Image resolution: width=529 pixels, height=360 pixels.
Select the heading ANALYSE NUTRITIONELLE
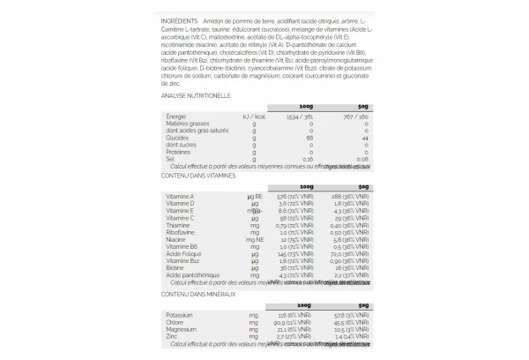(196, 94)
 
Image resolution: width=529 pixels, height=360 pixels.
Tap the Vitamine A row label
(180, 196)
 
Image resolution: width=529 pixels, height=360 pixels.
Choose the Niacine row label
(176, 239)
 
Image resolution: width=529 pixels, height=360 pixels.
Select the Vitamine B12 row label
(183, 260)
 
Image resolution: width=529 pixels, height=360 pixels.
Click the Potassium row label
(181, 314)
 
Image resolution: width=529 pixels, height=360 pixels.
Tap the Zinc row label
(173, 336)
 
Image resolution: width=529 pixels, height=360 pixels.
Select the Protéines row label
(179, 152)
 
